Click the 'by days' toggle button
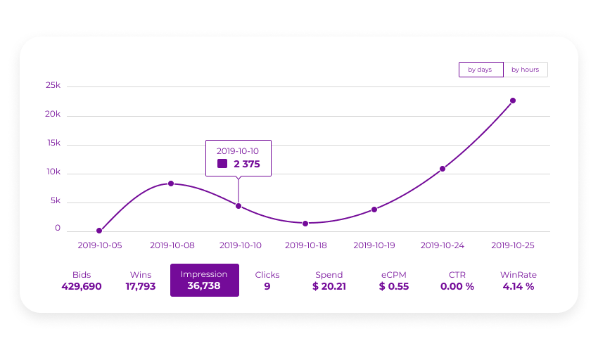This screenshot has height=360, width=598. tap(481, 70)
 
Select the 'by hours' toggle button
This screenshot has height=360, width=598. tap(525, 70)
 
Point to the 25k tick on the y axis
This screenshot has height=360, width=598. tap(53, 85)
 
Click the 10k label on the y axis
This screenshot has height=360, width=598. tap(53, 172)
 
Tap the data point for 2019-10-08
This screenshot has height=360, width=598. tap(171, 184)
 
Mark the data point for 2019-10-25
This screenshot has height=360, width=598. tap(513, 101)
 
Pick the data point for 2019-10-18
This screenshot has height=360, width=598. tap(305, 224)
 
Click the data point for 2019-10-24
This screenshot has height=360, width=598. tap(443, 169)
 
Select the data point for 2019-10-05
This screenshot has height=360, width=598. tap(99, 231)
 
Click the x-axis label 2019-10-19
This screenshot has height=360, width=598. tap(374, 245)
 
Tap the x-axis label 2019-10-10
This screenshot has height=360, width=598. tap(241, 245)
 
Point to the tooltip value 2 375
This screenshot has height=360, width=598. tap(247, 164)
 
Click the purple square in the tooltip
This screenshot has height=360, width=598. tap(222, 164)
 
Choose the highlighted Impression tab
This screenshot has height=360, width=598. tap(204, 280)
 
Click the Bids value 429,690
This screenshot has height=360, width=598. tap(82, 286)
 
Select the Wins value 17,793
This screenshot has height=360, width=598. tap(141, 286)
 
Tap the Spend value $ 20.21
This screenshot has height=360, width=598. tap(329, 286)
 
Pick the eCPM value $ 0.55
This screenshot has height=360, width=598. tap(394, 286)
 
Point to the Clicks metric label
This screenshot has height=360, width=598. tap(267, 275)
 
